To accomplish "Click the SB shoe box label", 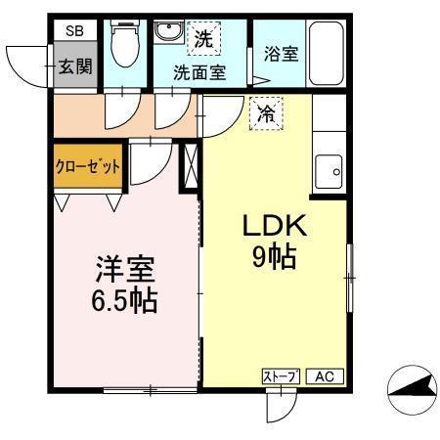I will (x=75, y=31).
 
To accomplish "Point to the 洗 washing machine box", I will (x=203, y=40).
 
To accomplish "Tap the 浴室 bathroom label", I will (x=282, y=55).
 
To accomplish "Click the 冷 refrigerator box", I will (x=265, y=114).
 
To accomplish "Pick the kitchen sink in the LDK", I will (x=330, y=172).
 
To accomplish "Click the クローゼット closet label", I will (x=88, y=167).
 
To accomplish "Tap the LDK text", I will (x=275, y=228).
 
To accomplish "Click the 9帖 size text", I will (x=275, y=259).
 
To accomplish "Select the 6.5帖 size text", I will (x=126, y=299).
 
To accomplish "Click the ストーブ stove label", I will (x=280, y=376).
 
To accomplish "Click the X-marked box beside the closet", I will (x=189, y=166).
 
